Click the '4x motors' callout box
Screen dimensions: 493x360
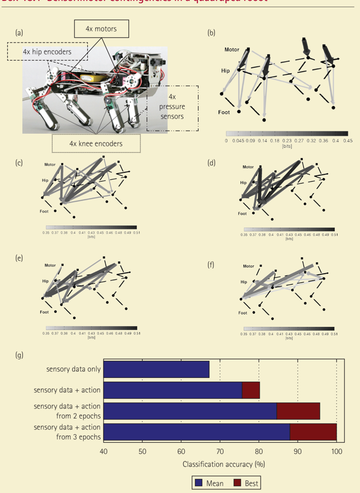101,29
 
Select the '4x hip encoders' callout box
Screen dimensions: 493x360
47,52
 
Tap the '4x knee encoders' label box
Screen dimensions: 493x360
96,143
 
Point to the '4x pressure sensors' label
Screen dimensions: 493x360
172,107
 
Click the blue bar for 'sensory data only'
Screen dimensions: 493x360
157,369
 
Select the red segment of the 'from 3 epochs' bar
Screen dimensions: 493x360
313,431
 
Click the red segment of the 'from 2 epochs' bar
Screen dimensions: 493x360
298,410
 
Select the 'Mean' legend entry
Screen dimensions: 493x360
209,483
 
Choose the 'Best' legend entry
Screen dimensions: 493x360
245,483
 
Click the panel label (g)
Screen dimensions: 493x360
19,356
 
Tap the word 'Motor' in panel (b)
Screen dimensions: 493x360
232,50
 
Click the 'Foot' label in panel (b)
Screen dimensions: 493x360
224,112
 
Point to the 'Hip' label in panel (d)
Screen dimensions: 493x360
243,182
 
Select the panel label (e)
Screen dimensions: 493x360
19,258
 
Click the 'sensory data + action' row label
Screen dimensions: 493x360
67,390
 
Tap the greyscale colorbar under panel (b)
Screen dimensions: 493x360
287,133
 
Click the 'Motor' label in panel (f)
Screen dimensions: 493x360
248,266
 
